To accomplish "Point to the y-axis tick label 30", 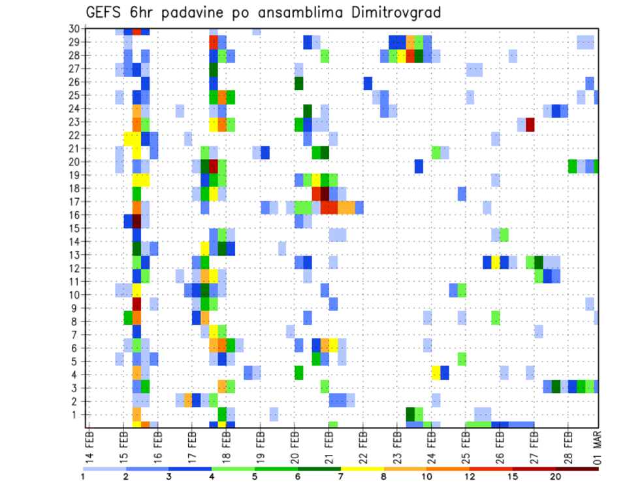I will [74, 29].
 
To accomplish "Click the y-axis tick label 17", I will [74, 201].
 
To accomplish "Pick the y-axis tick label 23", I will [74, 122].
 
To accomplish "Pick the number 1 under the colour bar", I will [83, 477].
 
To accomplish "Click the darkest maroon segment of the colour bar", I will [577, 469].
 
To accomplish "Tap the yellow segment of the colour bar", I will [362, 469].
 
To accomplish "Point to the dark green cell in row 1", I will [410, 414].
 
